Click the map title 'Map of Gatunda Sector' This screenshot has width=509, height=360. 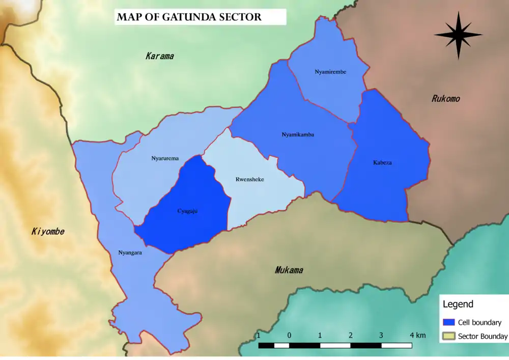[x=189, y=17]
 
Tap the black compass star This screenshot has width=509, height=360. [x=458, y=35]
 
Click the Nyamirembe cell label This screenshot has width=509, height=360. [x=330, y=72]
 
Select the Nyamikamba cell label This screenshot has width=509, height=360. [x=298, y=135]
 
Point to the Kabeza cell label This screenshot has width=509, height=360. [x=382, y=163]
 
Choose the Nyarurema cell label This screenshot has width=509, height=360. [x=165, y=158]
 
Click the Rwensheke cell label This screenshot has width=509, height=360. [x=249, y=179]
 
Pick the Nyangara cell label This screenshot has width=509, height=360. [x=130, y=252]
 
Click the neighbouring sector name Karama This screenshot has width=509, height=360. [x=159, y=56]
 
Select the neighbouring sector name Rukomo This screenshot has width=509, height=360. [x=445, y=99]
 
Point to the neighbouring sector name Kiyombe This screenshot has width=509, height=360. [x=48, y=232]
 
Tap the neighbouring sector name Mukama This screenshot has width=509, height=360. [x=289, y=270]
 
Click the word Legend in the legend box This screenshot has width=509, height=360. [x=458, y=304]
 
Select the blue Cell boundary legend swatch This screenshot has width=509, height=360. [x=448, y=322]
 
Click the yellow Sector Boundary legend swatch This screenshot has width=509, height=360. [x=448, y=336]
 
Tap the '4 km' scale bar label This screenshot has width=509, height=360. [x=417, y=335]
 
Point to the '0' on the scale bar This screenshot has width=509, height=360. [x=289, y=335]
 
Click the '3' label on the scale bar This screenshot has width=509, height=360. [x=381, y=335]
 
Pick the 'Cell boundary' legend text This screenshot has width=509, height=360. [x=479, y=322]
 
